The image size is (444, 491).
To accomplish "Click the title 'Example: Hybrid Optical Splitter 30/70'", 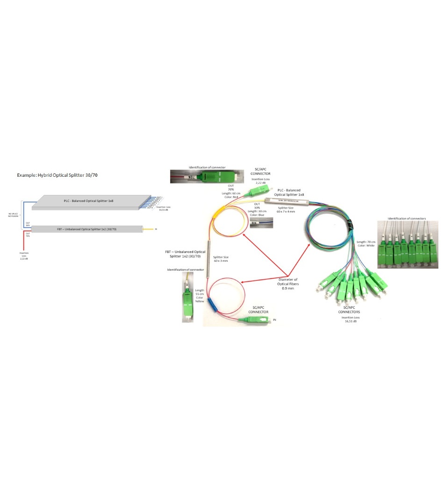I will coord(57,175).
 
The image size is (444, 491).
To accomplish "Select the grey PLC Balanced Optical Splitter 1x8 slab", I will coord(89,201).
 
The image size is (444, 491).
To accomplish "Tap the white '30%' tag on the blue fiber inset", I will coord(254,223).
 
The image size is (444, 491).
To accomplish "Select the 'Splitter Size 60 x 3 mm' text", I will coord(221,259).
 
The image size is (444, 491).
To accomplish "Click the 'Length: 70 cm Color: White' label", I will coord(366,244).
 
